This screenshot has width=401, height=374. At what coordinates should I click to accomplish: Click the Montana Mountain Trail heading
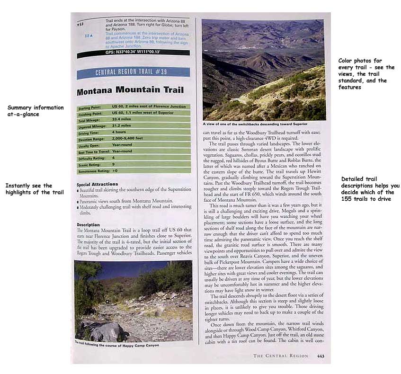pyautogui.click(x=130, y=90)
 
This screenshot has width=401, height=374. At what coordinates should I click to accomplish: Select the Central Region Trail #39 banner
pyautogui.click(x=133, y=72)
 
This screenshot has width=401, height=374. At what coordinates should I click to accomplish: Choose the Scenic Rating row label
pyautogui.click(x=92, y=164)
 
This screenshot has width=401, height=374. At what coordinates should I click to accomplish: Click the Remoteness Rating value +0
pyautogui.click(x=115, y=170)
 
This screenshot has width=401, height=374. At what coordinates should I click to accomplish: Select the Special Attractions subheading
pyautogui.click(x=97, y=184)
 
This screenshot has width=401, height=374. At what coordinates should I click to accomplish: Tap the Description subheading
pyautogui.click(x=88, y=224)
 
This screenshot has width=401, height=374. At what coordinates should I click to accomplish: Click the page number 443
pyautogui.click(x=321, y=356)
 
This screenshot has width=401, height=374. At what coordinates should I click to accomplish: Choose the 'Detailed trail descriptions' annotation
pyautogui.click(x=370, y=188)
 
